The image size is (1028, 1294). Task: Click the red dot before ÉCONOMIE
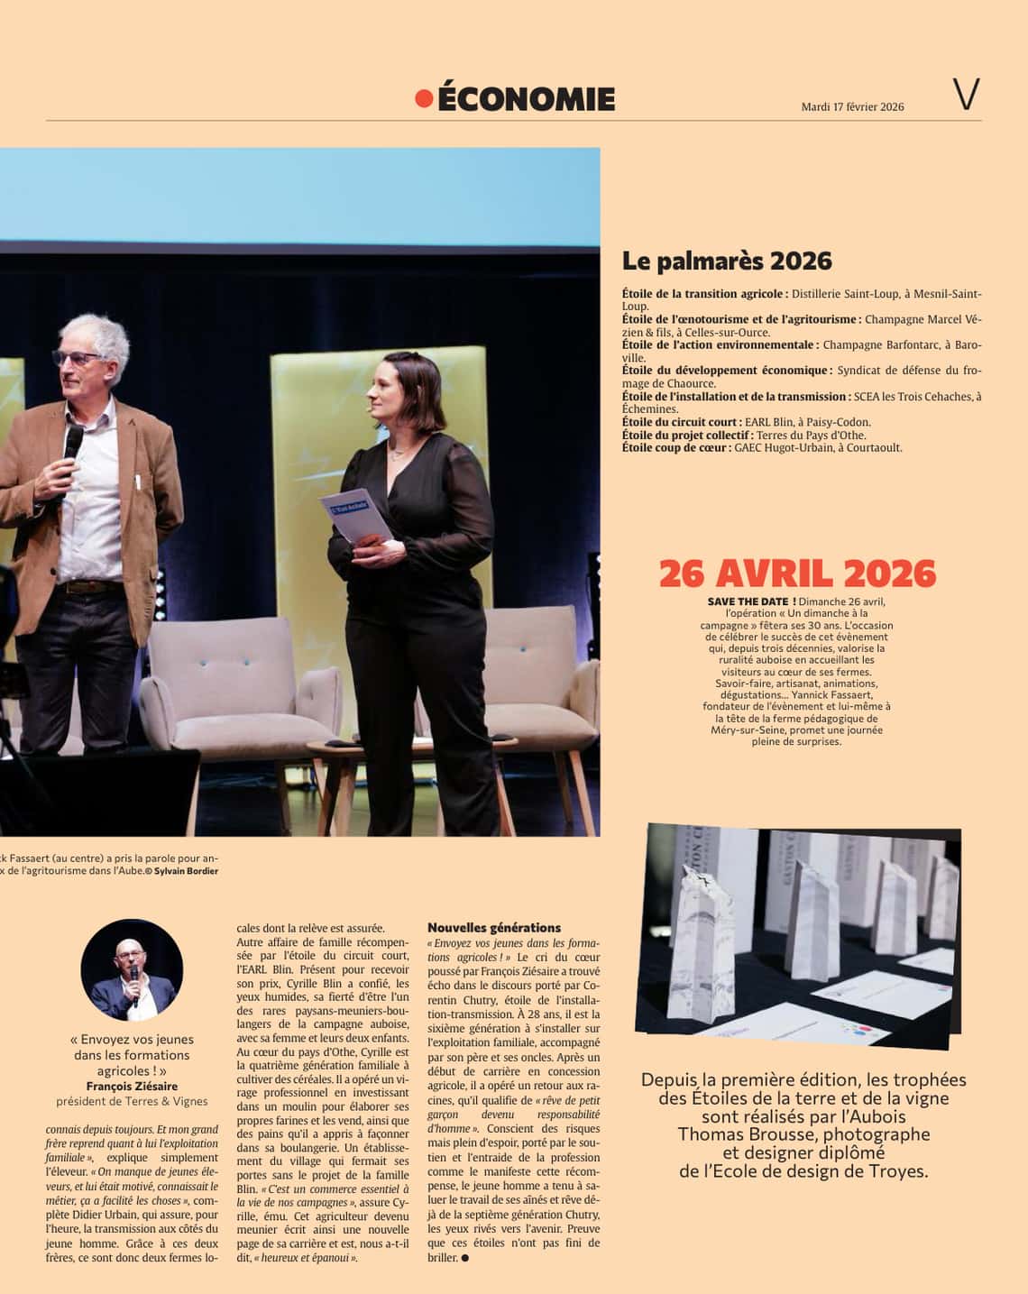(424, 98)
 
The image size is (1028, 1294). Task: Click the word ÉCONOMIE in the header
(526, 99)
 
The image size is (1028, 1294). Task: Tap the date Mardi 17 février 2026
(852, 106)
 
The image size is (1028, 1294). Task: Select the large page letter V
(966, 95)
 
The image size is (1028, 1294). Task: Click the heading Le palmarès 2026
(727, 262)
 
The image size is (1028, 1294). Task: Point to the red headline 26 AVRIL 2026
(797, 574)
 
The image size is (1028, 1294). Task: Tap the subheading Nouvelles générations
(494, 927)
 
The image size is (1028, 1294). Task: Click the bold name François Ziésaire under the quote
(132, 1086)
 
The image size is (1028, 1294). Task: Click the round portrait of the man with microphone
(132, 969)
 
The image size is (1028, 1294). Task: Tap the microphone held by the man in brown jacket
(72, 445)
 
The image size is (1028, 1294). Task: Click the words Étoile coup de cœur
(676, 447)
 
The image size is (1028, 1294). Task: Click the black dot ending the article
(465, 1258)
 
